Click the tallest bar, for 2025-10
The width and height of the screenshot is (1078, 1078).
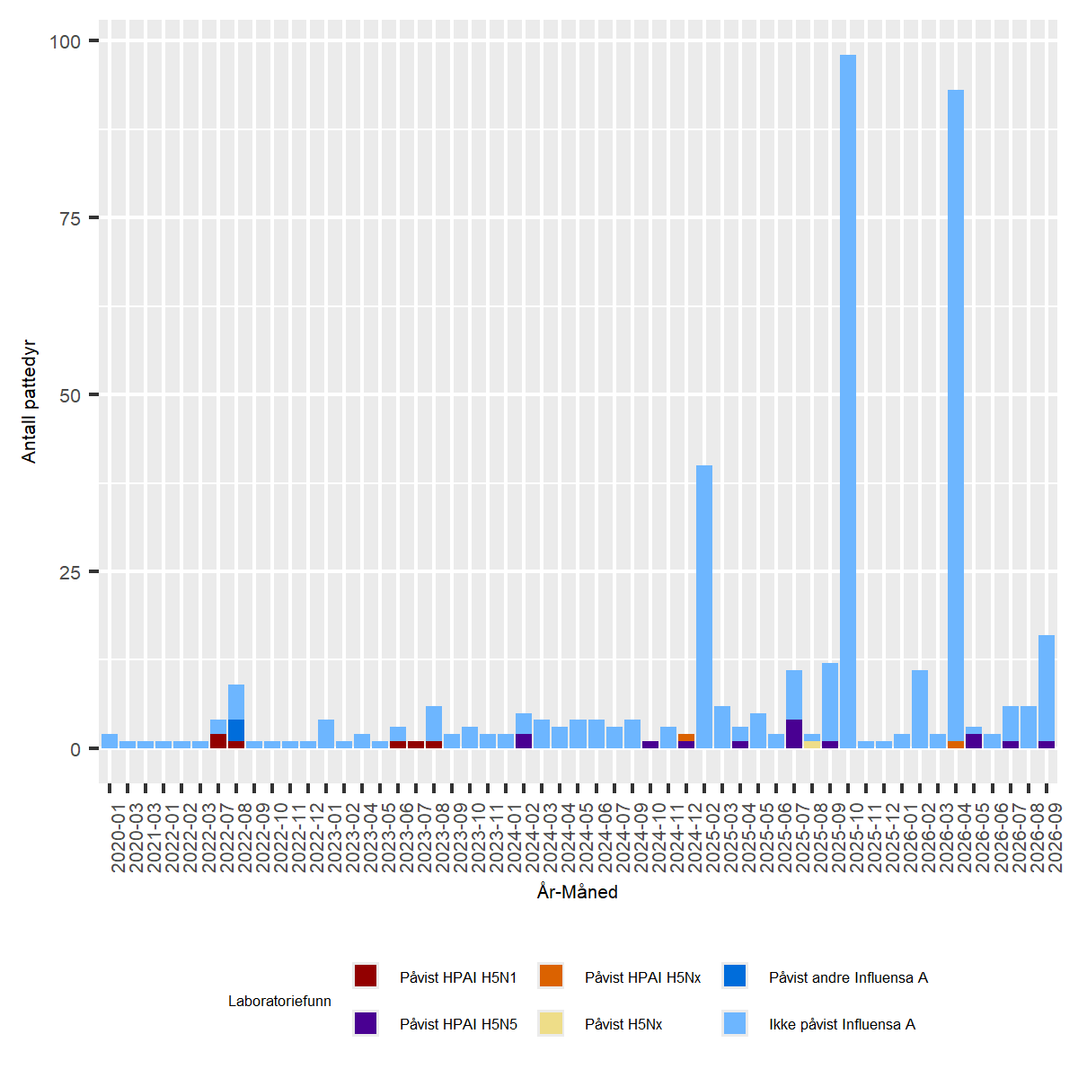[x=847, y=401]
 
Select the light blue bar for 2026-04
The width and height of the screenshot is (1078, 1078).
[x=956, y=415]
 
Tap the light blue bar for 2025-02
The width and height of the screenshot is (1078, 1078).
[x=703, y=606]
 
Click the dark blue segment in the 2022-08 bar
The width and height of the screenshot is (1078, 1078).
[x=236, y=730]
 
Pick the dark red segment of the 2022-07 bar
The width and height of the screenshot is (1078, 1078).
[x=218, y=740]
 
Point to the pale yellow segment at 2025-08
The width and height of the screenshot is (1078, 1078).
[x=812, y=745]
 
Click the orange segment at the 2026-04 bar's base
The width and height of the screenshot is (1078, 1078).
[x=956, y=745]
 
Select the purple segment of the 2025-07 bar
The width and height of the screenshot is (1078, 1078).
[x=794, y=733]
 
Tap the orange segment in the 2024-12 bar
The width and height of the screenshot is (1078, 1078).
[x=685, y=738]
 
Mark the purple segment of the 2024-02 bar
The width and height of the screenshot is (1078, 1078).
[x=524, y=740]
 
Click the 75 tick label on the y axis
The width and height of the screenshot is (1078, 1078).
[x=70, y=218]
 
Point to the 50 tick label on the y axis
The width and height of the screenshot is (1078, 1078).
[x=70, y=395]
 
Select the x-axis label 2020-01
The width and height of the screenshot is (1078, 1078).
[x=119, y=837]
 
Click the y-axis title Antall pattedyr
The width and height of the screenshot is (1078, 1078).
[x=29, y=401]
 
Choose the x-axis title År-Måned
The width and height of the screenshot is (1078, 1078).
[x=578, y=892]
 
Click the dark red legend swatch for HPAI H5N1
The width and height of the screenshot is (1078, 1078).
[x=366, y=976]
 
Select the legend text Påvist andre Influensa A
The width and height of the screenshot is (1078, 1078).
[x=848, y=977]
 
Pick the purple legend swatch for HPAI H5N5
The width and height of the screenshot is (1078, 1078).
[x=366, y=1022]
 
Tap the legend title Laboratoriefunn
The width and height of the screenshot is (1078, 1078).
[x=279, y=1001]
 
